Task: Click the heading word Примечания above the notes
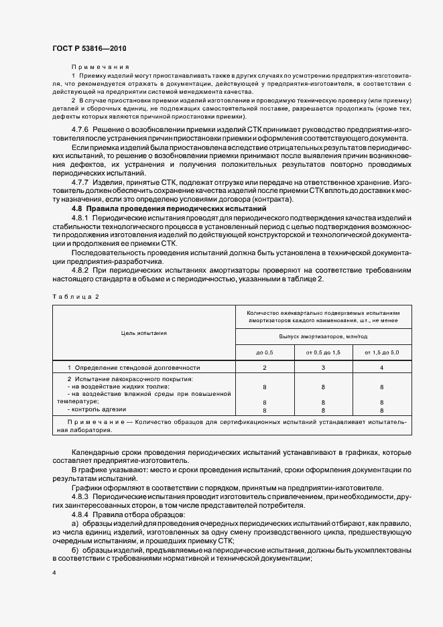pyautogui.click(x=100, y=68)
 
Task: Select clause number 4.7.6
pyautogui.click(x=81, y=128)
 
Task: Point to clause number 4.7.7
pyautogui.click(x=81, y=182)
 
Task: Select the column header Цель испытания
pyautogui.click(x=143, y=332)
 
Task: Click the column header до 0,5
pyautogui.click(x=265, y=352)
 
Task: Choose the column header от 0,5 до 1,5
pyautogui.click(x=324, y=352)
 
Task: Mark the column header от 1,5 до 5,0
pyautogui.click(x=382, y=352)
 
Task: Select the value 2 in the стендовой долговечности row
pyautogui.click(x=265, y=368)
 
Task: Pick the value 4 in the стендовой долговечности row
pyautogui.click(x=382, y=368)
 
